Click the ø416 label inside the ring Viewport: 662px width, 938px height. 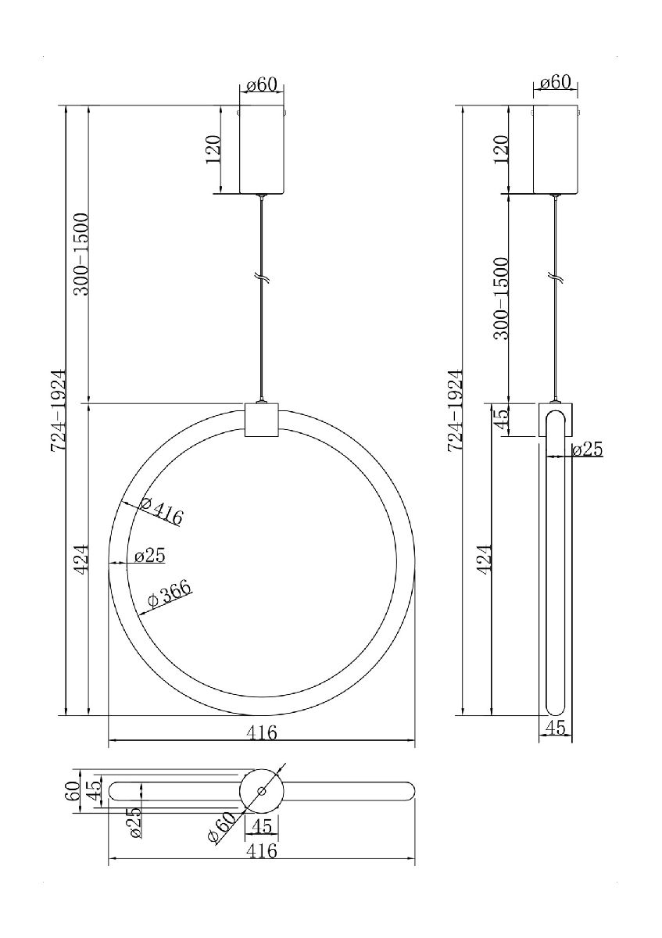(x=161, y=511)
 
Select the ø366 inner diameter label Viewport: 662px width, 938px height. (x=169, y=593)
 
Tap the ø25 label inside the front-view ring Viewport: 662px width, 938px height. (x=150, y=556)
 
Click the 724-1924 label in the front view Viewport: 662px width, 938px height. (x=58, y=410)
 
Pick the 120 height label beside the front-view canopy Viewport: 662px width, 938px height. (x=213, y=149)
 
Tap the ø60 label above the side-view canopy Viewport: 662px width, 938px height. (x=555, y=83)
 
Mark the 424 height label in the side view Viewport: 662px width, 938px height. (x=484, y=560)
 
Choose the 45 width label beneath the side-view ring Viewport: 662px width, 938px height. (x=555, y=728)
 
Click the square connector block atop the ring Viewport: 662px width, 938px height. (x=262, y=420)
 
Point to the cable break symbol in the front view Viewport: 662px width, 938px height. (x=262, y=278)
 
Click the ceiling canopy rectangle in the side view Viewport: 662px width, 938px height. (x=555, y=149)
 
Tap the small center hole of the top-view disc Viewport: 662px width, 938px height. (x=262, y=791)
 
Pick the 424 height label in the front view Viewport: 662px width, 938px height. (x=81, y=559)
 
